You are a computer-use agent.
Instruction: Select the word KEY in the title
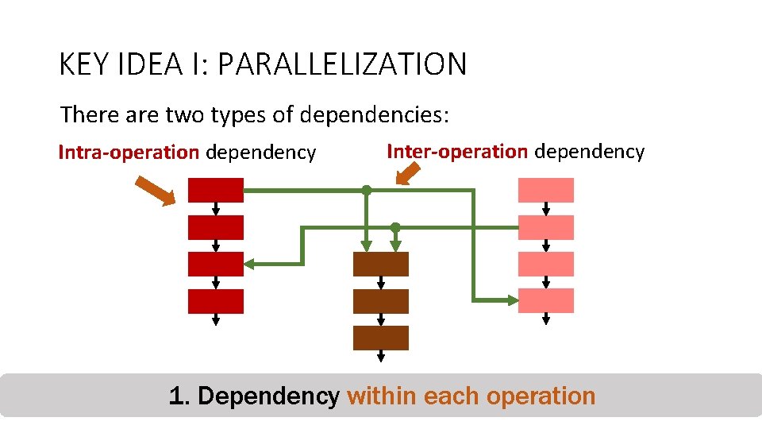(x=85, y=64)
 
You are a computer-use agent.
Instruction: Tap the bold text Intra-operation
(x=129, y=152)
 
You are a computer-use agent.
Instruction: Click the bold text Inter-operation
(x=457, y=151)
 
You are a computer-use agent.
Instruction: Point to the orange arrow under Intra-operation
(x=155, y=191)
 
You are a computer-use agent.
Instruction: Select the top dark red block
(x=215, y=190)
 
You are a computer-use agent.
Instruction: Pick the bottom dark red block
(x=215, y=301)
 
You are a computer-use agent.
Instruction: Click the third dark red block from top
(x=215, y=264)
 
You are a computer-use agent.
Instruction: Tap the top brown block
(x=380, y=264)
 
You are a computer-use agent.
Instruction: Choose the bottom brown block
(x=380, y=338)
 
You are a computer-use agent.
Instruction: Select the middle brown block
(x=380, y=301)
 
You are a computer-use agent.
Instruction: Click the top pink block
(x=545, y=190)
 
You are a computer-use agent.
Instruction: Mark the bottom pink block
(x=545, y=300)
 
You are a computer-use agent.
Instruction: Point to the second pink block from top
(x=545, y=227)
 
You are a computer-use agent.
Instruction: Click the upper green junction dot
(x=366, y=190)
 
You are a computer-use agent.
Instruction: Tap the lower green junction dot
(x=395, y=227)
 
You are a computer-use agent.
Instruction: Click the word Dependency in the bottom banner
(x=268, y=396)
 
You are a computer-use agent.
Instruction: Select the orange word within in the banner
(x=383, y=396)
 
